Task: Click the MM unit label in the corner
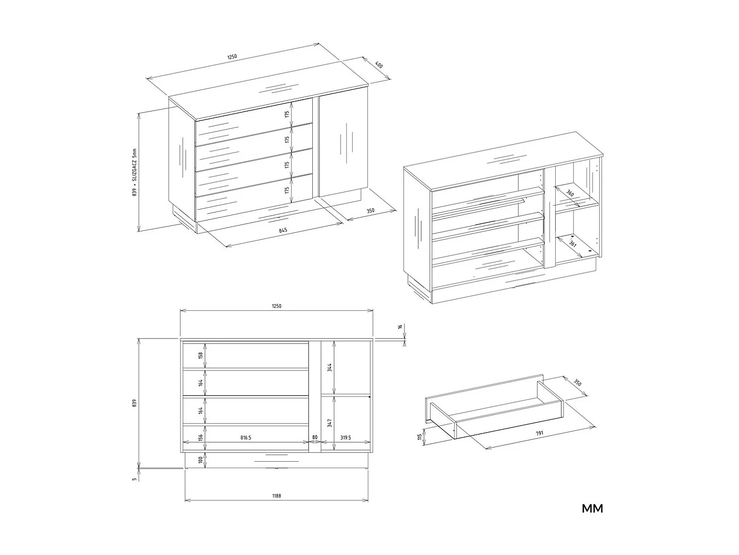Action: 592,509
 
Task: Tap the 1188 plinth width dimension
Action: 276,495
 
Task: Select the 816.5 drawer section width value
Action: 246,437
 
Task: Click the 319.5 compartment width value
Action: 346,437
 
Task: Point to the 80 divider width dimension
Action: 315,437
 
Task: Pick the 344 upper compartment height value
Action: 330,367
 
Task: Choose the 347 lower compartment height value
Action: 330,423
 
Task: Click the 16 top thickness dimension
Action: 401,327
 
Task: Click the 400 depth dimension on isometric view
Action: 379,65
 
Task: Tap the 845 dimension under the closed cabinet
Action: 283,230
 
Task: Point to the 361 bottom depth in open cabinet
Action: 572,244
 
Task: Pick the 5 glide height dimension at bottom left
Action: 134,479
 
